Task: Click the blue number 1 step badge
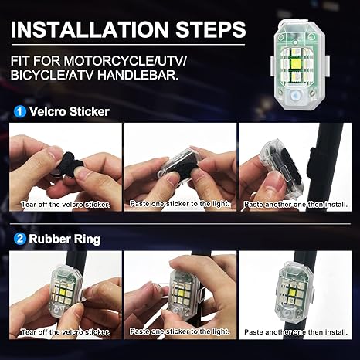coord(18,111)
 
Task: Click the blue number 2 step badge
coord(18,239)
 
